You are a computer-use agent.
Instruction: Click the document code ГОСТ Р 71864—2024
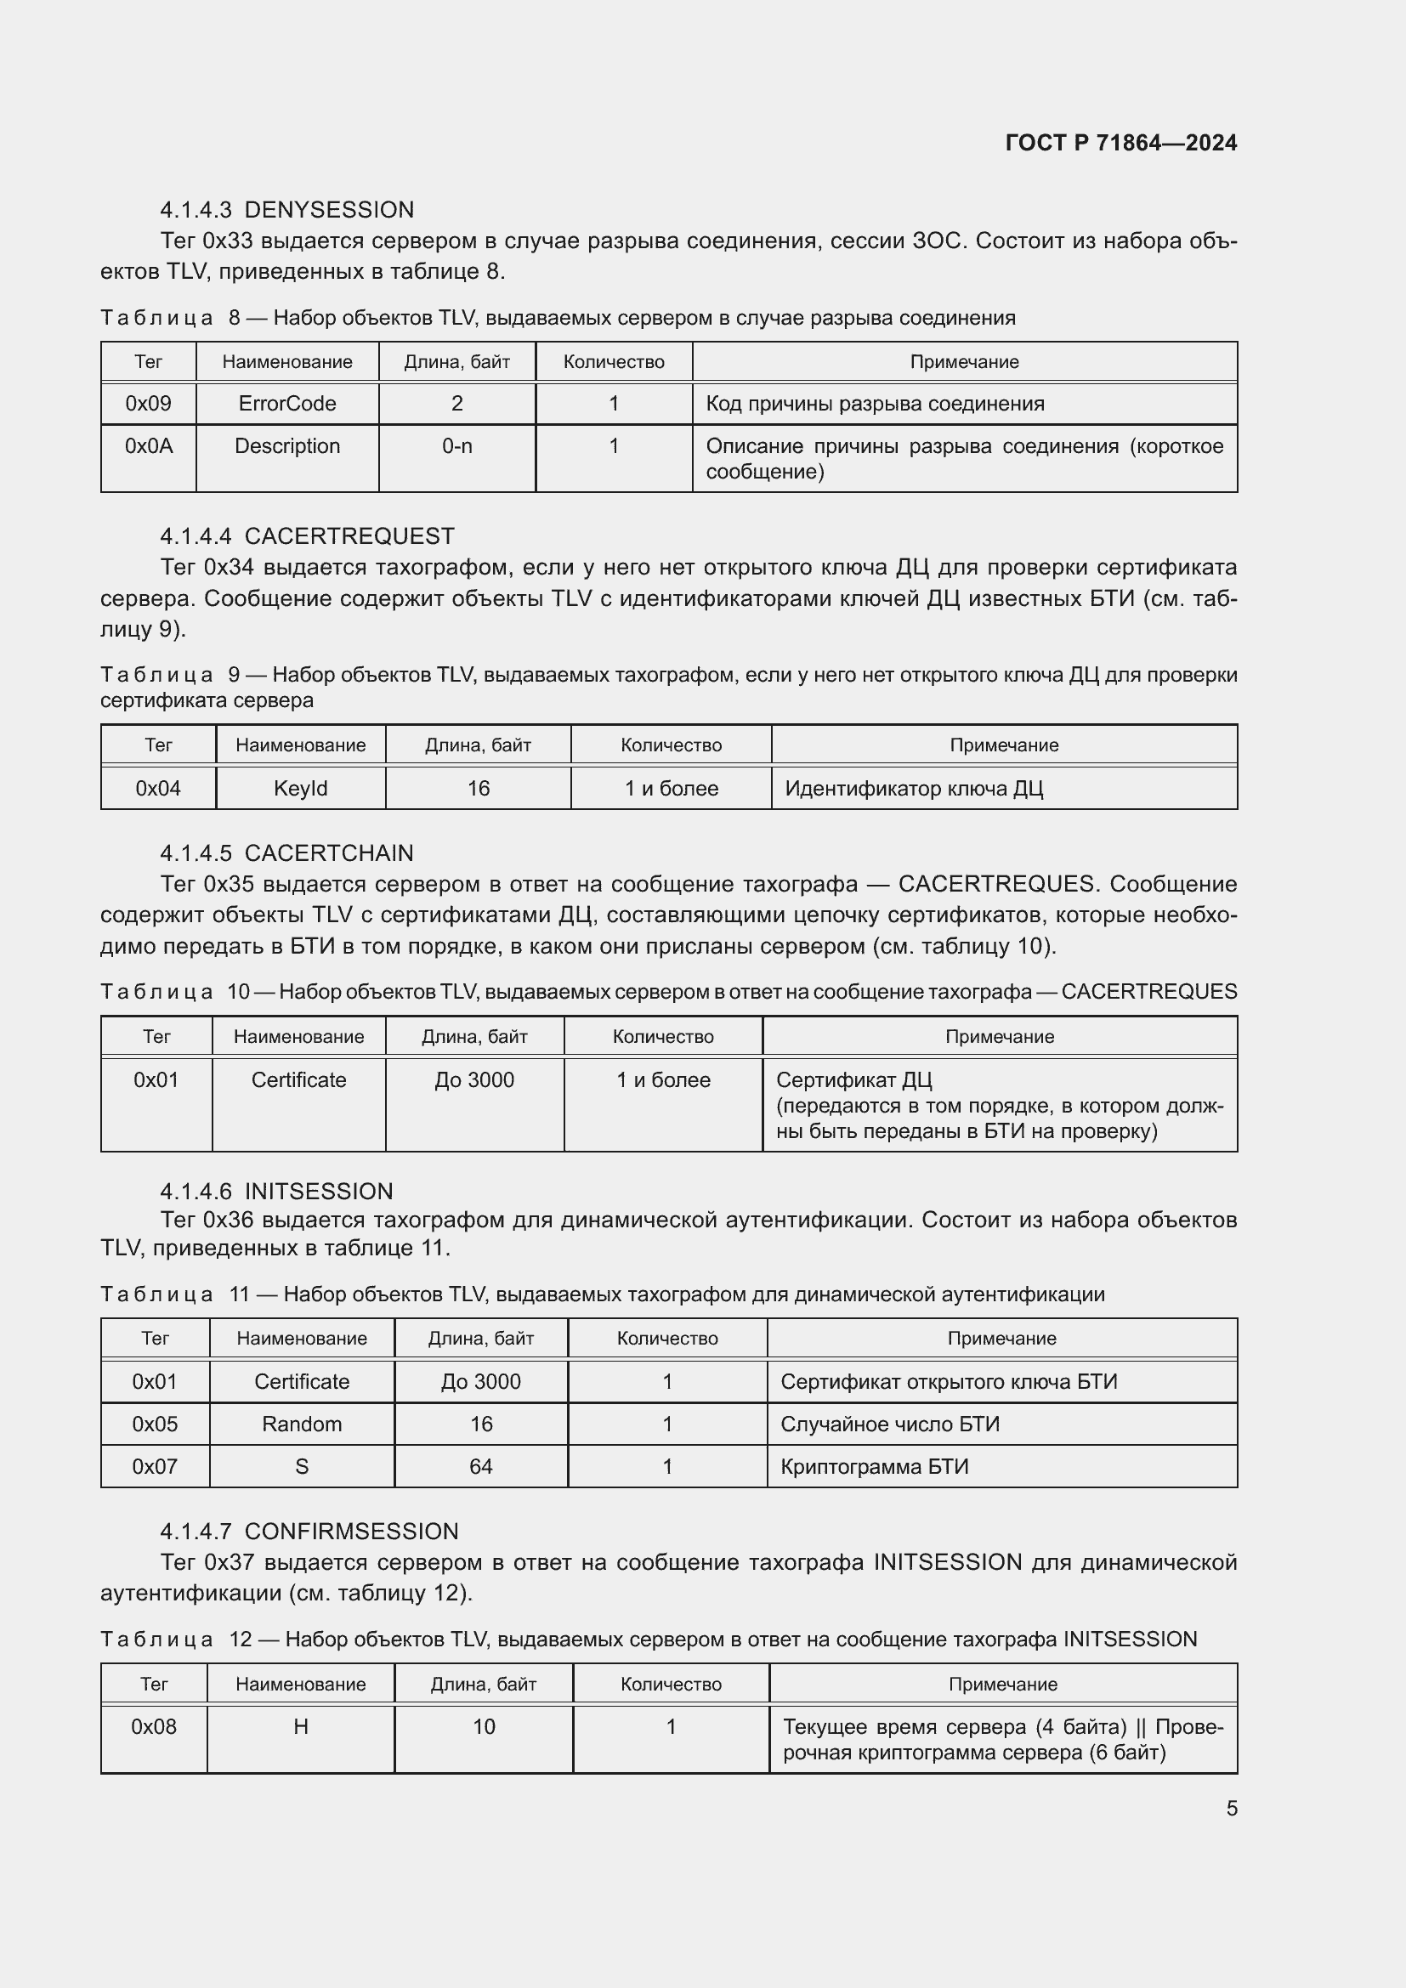coord(1120,143)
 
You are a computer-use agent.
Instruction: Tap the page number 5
coord(1231,1808)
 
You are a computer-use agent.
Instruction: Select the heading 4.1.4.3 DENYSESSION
coord(286,210)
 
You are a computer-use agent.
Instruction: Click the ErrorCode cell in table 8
coord(286,404)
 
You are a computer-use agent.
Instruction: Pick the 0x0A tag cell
coord(149,446)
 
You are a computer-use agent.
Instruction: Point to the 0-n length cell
coord(457,446)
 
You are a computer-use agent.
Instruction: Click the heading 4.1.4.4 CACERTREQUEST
coord(307,536)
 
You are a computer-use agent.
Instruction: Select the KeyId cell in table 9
coord(300,789)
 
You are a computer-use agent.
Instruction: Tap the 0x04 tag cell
coord(158,789)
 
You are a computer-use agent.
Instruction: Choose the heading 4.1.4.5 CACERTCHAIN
coord(286,852)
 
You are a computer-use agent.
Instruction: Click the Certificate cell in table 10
coord(298,1079)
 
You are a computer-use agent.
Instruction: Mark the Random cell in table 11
coord(301,1424)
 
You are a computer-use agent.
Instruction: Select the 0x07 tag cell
coord(155,1467)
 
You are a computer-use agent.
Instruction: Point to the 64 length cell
coord(480,1467)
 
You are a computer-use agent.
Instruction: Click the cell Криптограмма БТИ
coord(875,1467)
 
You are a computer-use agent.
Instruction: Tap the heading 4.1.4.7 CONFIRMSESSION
coord(309,1531)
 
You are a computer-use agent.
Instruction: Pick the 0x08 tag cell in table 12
coord(154,1726)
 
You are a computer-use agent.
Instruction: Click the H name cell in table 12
coord(300,1726)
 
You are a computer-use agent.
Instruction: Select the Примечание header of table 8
coord(964,362)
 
